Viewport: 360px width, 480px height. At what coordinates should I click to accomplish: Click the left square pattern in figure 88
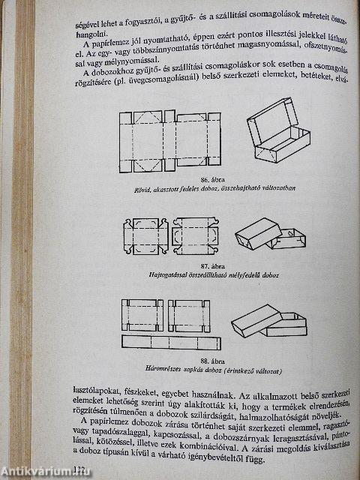[x=142, y=315]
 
